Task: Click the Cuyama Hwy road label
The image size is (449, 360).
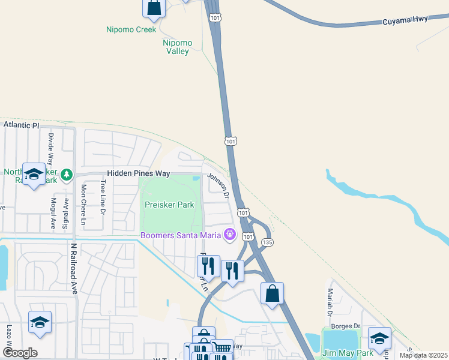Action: pyautogui.click(x=405, y=20)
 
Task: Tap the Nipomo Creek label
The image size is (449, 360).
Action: pyautogui.click(x=131, y=29)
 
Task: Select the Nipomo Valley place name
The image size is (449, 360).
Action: pyautogui.click(x=176, y=47)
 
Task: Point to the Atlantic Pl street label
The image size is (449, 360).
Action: pyautogui.click(x=21, y=125)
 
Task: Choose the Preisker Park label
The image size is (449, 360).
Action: pyautogui.click(x=169, y=205)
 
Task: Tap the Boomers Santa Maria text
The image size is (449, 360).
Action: pyautogui.click(x=179, y=235)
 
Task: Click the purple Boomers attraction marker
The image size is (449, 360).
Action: pyautogui.click(x=229, y=234)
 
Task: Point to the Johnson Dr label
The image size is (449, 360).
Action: pyautogui.click(x=218, y=185)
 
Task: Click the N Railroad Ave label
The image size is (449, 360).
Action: pyautogui.click(x=74, y=268)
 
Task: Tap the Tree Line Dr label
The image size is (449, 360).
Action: pyautogui.click(x=103, y=198)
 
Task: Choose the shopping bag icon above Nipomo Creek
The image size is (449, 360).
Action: pyautogui.click(x=154, y=7)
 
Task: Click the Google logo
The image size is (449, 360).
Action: pyautogui.click(x=20, y=353)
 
